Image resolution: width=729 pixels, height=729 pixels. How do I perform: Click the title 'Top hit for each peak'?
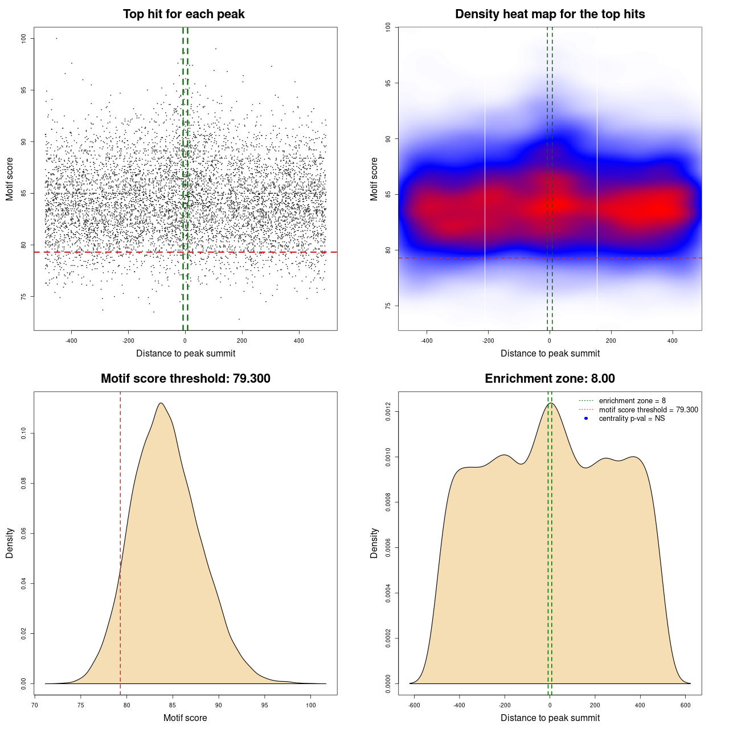[x=183, y=14]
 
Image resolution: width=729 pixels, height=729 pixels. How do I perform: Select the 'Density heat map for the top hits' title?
[x=550, y=14]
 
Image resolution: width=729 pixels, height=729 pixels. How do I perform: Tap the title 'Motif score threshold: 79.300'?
[x=185, y=379]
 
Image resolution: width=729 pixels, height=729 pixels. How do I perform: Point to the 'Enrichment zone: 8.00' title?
[x=550, y=379]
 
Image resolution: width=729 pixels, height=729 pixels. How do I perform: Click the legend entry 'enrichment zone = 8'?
[x=632, y=401]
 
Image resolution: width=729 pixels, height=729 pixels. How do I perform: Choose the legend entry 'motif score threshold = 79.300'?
[x=648, y=409]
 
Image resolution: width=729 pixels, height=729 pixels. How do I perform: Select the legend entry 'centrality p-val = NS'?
[x=632, y=419]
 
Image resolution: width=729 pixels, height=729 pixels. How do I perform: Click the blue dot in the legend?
[x=586, y=419]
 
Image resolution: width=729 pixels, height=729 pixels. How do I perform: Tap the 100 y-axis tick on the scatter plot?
[x=23, y=38]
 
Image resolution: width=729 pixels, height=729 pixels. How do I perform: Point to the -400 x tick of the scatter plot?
[x=71, y=341]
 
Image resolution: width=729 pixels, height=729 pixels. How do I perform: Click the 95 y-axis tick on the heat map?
[x=388, y=83]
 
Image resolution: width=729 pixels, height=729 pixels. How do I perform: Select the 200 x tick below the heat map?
[x=611, y=341]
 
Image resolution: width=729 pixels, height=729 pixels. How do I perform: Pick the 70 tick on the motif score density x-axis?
[x=35, y=705]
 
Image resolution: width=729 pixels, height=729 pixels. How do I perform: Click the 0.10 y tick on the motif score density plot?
[x=23, y=434]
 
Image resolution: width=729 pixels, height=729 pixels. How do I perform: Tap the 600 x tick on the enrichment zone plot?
[x=686, y=705]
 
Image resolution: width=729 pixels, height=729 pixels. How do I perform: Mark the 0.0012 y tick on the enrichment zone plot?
[x=388, y=412]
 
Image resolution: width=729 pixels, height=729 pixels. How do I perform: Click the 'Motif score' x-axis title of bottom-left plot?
[x=185, y=718]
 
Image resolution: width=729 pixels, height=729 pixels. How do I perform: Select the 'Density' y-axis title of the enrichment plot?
[x=374, y=543]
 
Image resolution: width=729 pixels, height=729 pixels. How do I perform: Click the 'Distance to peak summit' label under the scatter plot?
[x=186, y=353]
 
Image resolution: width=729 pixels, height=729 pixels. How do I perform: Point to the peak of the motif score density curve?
[x=161, y=403]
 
